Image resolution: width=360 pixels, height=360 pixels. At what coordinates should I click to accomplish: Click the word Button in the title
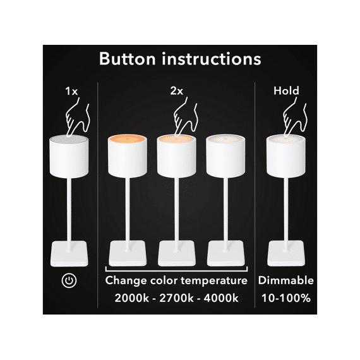pos(128,59)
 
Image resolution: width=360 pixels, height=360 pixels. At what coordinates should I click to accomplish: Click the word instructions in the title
pos(212,59)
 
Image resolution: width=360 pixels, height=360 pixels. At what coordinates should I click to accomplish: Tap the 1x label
pos(71,91)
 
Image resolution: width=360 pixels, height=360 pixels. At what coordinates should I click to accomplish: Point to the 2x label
pos(177,91)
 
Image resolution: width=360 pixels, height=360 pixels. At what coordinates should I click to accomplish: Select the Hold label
pos(286,91)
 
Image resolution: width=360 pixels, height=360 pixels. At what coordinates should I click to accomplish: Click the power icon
pos(69,280)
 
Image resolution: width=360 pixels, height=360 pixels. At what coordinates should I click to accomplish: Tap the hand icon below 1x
pos(78,117)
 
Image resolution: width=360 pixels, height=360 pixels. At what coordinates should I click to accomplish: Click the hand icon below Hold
pos(294,117)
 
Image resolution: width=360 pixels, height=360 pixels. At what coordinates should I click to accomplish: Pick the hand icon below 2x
pos(186,117)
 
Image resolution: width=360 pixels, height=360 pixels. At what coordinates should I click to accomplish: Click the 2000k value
pos(131,298)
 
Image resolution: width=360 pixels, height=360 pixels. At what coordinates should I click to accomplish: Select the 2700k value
pos(176,298)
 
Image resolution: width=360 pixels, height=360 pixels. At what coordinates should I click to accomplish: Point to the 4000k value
pos(221,298)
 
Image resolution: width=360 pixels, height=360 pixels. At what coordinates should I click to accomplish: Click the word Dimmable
pos(286,280)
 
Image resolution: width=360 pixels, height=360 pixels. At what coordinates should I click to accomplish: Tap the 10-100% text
pos(286,298)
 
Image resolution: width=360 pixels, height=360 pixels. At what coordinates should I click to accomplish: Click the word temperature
pos(214,280)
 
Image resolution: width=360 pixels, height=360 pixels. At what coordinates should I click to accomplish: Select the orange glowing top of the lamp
pos(128,139)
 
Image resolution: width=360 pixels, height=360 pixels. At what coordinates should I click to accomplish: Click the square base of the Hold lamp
pos(286,253)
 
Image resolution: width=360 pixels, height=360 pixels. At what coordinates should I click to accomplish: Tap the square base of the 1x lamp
pos(69,253)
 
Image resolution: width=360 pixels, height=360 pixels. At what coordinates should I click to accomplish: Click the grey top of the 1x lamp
pos(69,140)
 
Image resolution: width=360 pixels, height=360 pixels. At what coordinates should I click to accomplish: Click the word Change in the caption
pos(126,281)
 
